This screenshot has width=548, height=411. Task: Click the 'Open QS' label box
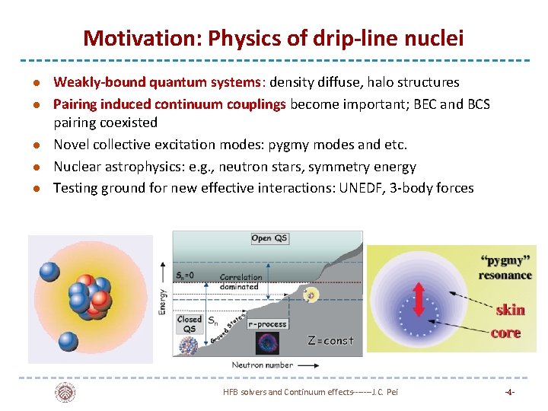pyautogui.click(x=269, y=238)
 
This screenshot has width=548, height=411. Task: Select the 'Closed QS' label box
pyautogui.click(x=189, y=324)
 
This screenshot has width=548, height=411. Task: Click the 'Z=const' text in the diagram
pyautogui.click(x=330, y=340)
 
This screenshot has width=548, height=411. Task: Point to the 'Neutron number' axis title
pyautogui.click(x=262, y=365)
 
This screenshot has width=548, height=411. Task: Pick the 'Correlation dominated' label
pyautogui.click(x=241, y=282)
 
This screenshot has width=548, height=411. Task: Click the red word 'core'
pyautogui.click(x=505, y=333)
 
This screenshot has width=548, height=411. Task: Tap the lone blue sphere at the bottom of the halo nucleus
pyautogui.click(x=69, y=341)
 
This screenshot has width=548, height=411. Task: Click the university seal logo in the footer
pyautogui.click(x=65, y=392)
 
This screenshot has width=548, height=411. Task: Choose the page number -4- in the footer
pyautogui.click(x=509, y=392)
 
